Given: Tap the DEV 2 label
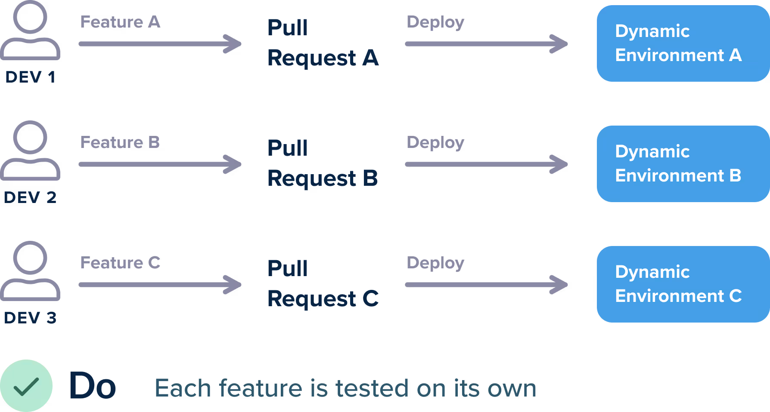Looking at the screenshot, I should coord(30,198).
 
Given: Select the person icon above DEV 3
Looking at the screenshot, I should coord(30,271).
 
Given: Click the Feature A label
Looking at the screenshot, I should coord(120,22).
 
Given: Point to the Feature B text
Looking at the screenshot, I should coord(120,142).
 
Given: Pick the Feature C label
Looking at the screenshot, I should coord(120,263).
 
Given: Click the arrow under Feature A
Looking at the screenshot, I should coord(160,44).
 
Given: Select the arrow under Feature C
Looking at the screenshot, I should coord(160,285).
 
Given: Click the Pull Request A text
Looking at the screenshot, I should coord(323,43).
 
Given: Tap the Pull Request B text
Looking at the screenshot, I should coord(323,163).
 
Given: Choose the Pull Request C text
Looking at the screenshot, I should coord(323,284).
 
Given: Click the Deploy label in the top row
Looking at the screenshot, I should coord(435,22).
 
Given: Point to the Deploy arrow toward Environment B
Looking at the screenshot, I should coord(486,164).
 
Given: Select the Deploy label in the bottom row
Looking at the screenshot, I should coord(435,263).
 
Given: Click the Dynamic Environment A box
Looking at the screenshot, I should coord(683,43).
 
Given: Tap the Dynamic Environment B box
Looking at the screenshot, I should coord(683,164).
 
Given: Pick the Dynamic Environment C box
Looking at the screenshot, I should coord(683,284).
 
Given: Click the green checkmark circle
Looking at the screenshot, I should coord(26,386).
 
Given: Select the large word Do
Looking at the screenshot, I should coord(93,386).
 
